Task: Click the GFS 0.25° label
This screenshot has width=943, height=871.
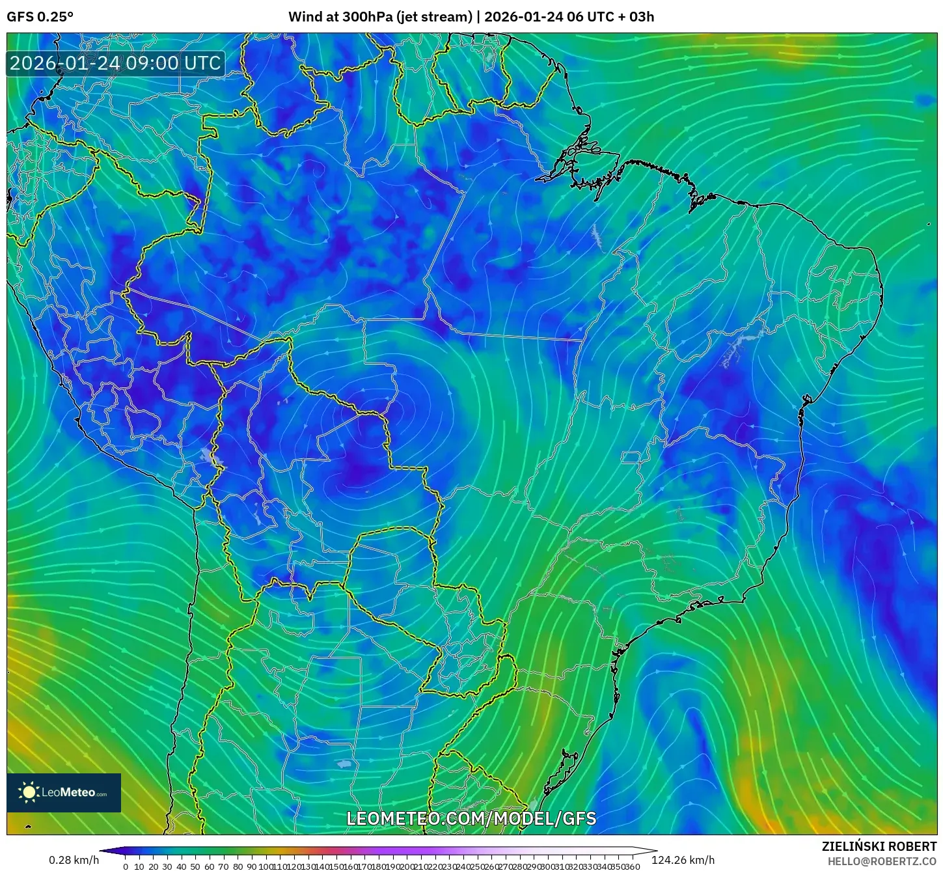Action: click(x=40, y=17)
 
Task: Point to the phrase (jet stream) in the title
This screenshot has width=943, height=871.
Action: click(x=434, y=17)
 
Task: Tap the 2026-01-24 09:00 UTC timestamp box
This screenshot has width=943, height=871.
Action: click(x=115, y=63)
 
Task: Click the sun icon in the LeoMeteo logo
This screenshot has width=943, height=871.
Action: click(x=29, y=792)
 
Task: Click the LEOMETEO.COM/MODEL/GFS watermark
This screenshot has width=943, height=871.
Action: click(x=471, y=818)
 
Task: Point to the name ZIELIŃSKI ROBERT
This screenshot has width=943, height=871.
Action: click(x=879, y=847)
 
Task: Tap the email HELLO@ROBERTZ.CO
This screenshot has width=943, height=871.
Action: click(x=882, y=861)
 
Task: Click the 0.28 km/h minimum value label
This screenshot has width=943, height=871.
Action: click(x=74, y=860)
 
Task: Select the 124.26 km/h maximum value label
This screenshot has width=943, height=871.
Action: click(x=683, y=860)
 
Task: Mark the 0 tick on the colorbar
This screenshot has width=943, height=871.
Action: click(x=126, y=866)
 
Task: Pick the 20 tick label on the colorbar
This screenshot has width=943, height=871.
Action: click(x=154, y=866)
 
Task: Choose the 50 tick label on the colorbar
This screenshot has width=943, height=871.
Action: click(x=195, y=866)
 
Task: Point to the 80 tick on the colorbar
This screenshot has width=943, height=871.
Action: click(x=238, y=866)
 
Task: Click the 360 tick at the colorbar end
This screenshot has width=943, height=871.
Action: click(x=633, y=866)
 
